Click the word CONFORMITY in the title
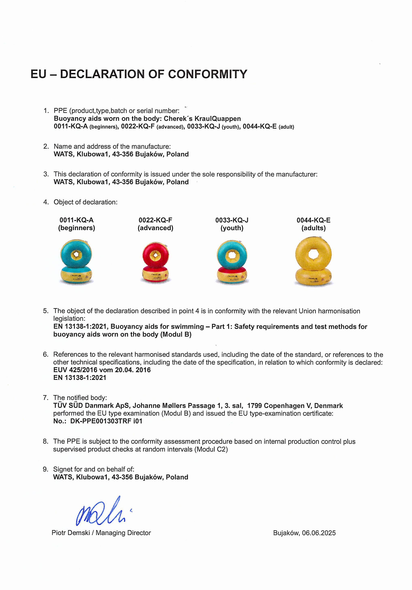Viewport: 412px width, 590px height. tap(208, 74)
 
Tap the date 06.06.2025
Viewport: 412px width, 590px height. tap(319, 533)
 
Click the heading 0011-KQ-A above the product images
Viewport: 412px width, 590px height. tap(77, 220)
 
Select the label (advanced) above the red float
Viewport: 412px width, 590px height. tap(155, 228)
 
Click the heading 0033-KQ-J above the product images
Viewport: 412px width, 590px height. tap(232, 220)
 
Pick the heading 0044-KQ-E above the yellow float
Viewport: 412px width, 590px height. tap(313, 220)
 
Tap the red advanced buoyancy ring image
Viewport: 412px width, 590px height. tap(155, 262)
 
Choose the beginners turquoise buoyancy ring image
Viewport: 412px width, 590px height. tap(77, 262)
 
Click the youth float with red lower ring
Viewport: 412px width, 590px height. tap(232, 262)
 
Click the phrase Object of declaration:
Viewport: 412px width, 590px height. tap(85, 202)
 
